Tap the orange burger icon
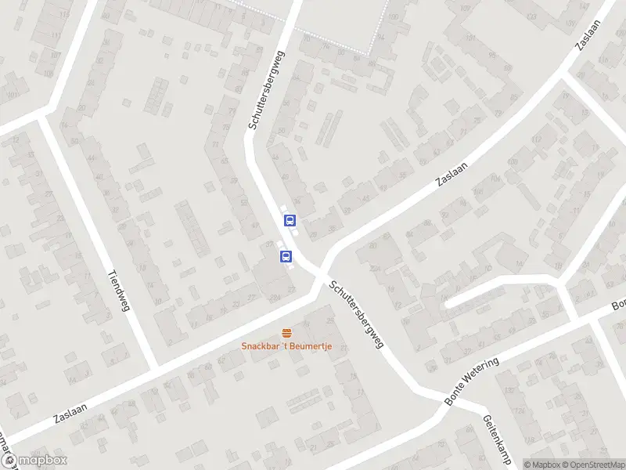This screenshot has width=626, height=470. (286, 332)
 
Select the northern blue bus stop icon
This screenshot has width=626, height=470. (290, 220)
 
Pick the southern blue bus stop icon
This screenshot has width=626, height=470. (286, 256)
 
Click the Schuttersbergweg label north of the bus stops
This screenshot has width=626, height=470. (267, 91)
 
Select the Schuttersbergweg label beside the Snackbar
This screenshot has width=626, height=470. (356, 314)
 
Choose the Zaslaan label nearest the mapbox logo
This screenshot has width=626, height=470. (71, 410)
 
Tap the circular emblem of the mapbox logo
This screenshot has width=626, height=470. (10, 461)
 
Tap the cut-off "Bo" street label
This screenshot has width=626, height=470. (618, 304)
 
